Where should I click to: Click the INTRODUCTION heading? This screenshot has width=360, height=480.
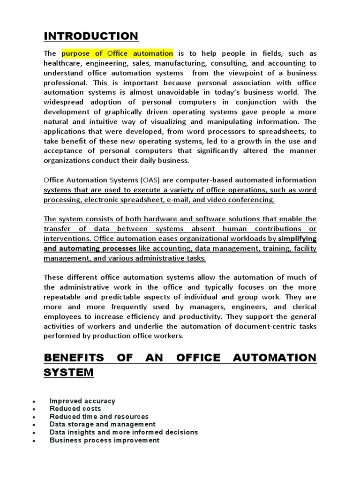pyautogui.click(x=90, y=36)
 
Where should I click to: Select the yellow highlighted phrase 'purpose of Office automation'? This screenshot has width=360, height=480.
pyautogui.click(x=117, y=53)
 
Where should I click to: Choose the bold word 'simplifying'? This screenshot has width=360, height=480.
pyautogui.click(x=297, y=239)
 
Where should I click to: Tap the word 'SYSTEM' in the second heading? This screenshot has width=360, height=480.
pyautogui.click(x=68, y=373)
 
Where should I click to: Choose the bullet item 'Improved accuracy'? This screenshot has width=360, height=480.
pyautogui.click(x=82, y=401)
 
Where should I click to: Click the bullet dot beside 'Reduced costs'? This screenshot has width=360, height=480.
pyautogui.click(x=34, y=409)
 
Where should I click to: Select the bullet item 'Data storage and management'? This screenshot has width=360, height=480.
pyautogui.click(x=102, y=424)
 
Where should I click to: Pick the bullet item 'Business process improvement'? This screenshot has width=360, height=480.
pyautogui.click(x=105, y=440)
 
